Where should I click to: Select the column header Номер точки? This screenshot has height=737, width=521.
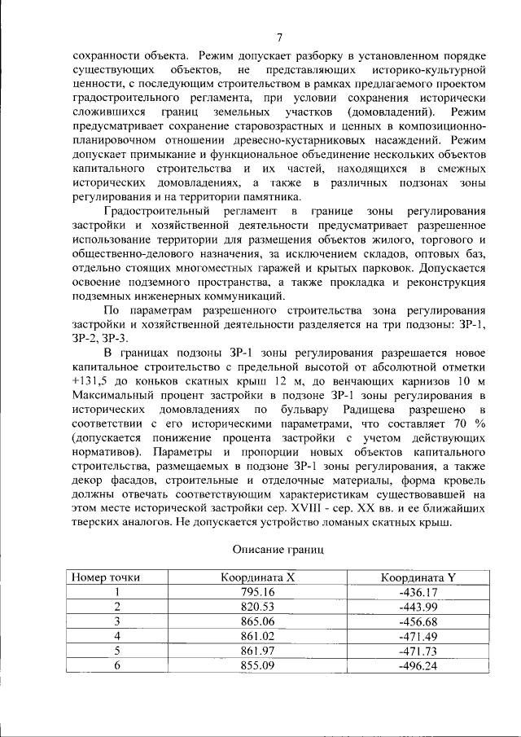pos(106,577)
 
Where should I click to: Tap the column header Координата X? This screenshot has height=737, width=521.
pos(257,577)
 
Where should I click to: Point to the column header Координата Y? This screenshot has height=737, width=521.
pos(418,577)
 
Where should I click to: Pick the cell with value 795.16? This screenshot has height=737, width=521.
pos(257,592)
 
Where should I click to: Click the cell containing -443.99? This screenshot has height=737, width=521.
pos(418,607)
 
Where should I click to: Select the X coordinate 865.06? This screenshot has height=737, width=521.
pos(257,621)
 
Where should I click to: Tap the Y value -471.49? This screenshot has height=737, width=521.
pos(418,636)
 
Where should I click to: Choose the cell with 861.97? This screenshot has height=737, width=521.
pos(257,651)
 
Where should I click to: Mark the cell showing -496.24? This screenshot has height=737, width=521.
pos(418,665)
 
